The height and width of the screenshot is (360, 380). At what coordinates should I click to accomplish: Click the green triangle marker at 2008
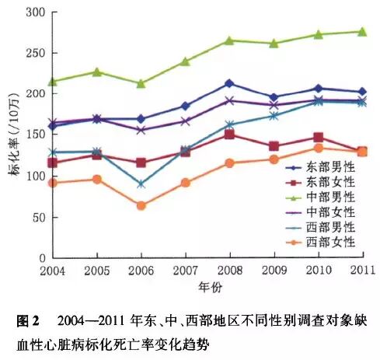229,40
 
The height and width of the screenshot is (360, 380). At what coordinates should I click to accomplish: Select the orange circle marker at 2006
141,206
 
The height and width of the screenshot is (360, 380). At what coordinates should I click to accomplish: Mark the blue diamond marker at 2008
229,83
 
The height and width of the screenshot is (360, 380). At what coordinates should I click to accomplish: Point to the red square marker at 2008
229,135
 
